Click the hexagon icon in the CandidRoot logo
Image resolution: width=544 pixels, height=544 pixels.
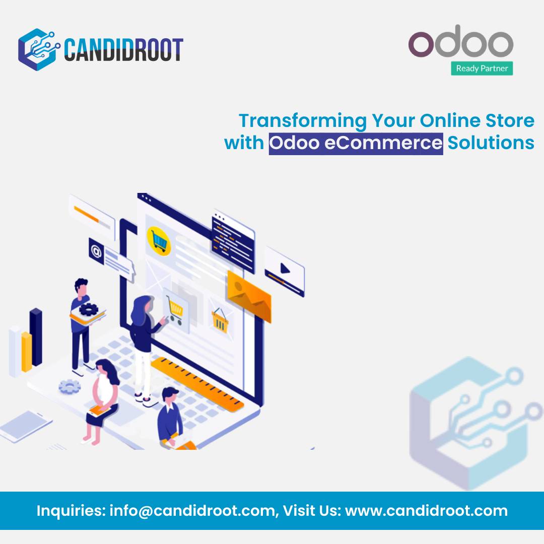click(39, 48)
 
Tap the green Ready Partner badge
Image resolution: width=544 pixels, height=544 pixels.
click(482, 68)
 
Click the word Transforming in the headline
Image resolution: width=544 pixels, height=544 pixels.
click(303, 121)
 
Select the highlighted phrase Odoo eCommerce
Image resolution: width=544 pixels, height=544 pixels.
click(356, 143)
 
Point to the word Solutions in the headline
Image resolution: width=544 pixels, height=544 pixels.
click(491, 143)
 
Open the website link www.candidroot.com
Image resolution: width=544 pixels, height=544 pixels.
click(426, 511)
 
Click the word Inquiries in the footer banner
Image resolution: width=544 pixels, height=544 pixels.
click(70, 511)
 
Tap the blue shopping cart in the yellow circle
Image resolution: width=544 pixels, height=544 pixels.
click(159, 241)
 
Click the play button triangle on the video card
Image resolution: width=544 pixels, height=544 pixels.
click(285, 268)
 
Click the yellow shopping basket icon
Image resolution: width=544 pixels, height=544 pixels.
click(220, 320)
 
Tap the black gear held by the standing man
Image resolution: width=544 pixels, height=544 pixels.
click(88, 308)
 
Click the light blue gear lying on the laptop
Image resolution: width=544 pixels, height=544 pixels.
click(70, 387)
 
